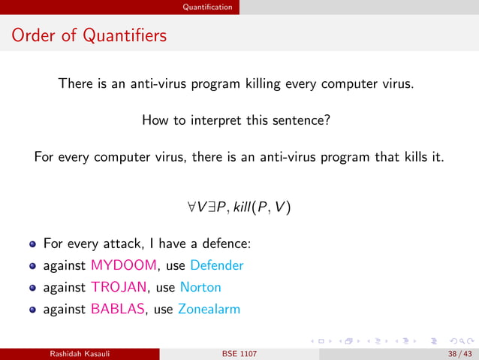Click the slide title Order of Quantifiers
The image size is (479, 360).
point(89,35)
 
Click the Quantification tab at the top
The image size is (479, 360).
point(212,7)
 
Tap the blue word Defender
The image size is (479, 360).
point(217,265)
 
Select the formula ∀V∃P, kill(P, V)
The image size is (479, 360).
point(239,206)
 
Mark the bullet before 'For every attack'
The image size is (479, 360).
point(34,244)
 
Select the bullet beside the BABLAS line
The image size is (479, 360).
point(34,310)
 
